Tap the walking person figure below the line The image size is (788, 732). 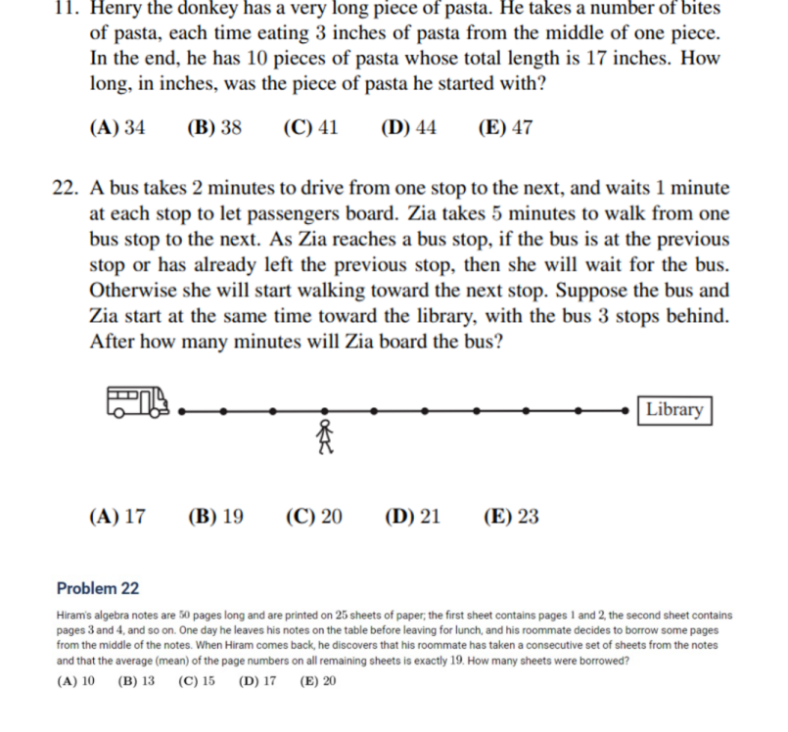click(x=325, y=435)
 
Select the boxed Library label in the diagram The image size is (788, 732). click(x=674, y=410)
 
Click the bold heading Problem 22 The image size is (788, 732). click(x=98, y=588)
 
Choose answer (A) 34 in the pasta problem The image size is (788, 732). click(x=116, y=127)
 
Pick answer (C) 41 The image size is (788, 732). click(x=310, y=127)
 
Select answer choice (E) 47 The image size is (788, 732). click(x=505, y=127)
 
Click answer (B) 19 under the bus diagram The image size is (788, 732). click(x=215, y=517)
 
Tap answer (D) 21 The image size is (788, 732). click(x=412, y=517)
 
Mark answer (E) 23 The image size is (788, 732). click(x=510, y=517)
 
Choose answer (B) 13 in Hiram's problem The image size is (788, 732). click(x=136, y=681)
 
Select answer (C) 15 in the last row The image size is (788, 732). click(x=196, y=681)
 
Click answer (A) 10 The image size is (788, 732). click(x=76, y=681)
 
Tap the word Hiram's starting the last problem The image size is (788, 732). click(x=78, y=616)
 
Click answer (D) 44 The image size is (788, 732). click(x=408, y=127)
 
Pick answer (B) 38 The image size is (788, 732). click(x=213, y=127)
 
